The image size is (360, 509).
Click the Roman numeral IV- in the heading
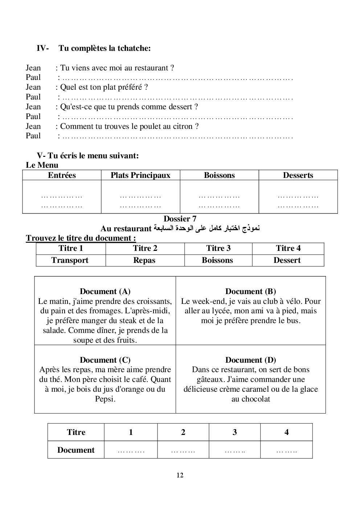43,48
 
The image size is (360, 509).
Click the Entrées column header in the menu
62,175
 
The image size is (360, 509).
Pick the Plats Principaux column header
140,175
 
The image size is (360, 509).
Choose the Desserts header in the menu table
298,175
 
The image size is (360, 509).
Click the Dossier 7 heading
180,219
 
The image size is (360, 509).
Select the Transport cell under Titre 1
70,260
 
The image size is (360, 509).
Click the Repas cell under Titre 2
144,260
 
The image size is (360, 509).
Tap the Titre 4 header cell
288,248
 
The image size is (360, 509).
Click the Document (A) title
105,292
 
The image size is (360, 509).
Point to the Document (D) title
250,360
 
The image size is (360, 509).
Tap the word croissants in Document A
154,301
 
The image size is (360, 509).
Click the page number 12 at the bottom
180,475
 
